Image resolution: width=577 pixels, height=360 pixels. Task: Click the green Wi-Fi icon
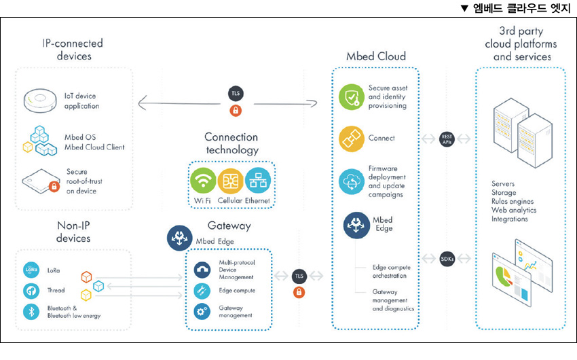203,180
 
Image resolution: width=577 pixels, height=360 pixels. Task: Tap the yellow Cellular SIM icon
231,180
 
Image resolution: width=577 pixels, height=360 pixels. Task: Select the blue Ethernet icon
258,180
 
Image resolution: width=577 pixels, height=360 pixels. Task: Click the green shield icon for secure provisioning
352,96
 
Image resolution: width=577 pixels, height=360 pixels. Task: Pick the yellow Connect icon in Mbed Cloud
352,139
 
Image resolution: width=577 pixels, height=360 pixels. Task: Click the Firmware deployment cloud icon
352,181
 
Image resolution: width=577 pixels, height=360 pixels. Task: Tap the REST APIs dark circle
447,139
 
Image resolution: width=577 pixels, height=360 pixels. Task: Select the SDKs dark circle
447,259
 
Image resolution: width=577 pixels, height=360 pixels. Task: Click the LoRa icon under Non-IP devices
31,269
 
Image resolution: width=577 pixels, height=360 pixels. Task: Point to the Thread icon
31,291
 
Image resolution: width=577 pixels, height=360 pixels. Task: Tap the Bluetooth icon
31,312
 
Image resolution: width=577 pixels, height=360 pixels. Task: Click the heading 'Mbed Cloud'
375,56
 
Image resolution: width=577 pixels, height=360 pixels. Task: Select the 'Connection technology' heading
231,143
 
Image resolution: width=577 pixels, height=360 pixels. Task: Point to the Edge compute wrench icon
202,291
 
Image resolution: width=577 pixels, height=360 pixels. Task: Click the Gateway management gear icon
202,311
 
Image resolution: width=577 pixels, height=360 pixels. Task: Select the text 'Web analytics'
514,211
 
